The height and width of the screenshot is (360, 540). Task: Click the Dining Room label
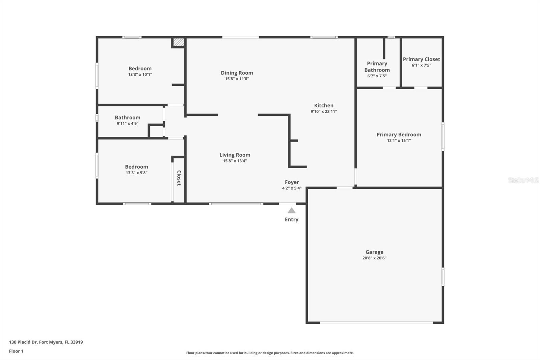click(237, 73)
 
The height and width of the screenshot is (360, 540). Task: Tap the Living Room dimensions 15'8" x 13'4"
click(235, 161)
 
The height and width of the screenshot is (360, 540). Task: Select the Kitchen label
click(323, 105)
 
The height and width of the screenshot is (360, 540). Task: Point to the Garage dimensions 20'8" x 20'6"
click(374, 258)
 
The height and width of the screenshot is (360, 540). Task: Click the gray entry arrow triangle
click(292, 211)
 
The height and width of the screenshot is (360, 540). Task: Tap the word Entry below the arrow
click(292, 220)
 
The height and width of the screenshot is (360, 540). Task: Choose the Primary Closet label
click(421, 59)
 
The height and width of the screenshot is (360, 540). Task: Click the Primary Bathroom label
click(377, 67)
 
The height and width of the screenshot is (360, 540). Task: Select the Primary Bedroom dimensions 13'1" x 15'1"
click(399, 140)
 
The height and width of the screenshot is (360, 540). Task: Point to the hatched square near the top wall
click(179, 42)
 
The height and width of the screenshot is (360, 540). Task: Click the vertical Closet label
click(179, 178)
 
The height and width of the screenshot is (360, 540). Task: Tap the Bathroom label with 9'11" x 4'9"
click(127, 118)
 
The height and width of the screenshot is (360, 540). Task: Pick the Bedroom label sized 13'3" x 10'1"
click(140, 69)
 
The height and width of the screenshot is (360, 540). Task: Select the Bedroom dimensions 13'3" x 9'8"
click(136, 173)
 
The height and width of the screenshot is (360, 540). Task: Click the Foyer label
click(292, 182)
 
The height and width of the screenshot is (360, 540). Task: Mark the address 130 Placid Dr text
click(46, 342)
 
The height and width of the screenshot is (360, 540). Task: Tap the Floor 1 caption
click(16, 351)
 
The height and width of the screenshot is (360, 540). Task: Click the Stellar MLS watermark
click(523, 180)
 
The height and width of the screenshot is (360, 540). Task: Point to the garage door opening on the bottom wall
click(376, 323)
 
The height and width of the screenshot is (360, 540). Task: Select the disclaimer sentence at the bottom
click(270, 353)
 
